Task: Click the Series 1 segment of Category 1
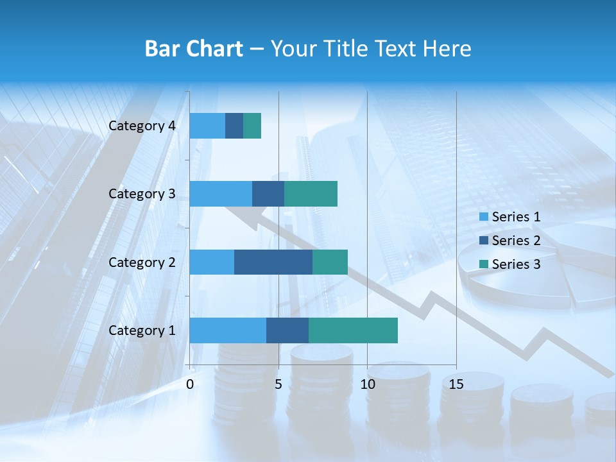coord(228,330)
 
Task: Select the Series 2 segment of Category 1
coord(287,330)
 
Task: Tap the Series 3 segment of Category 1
coord(353,330)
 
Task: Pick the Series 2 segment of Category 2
coord(273,262)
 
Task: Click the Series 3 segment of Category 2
coord(330,262)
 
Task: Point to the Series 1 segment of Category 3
coord(221,194)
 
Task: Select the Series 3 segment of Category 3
coord(311,194)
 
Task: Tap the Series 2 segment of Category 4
coord(234,126)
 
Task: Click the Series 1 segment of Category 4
coord(207,126)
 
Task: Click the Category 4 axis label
coord(142,126)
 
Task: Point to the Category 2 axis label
coord(142,262)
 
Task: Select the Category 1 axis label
coord(142,330)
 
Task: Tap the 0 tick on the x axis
coord(190,384)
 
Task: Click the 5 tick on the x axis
coord(278,384)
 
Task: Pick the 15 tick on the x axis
coord(456,384)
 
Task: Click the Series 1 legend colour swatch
coord(483,217)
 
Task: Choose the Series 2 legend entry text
coord(516,241)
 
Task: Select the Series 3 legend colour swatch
coord(483,264)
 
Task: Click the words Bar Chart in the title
coord(194,49)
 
